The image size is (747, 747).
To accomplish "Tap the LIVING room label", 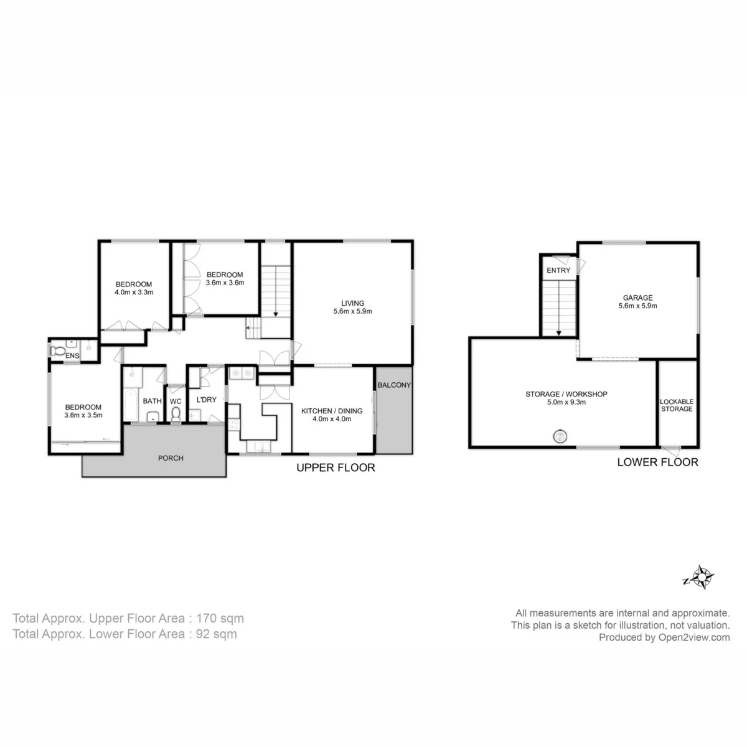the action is [352, 303].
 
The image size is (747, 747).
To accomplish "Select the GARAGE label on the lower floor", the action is [637, 298].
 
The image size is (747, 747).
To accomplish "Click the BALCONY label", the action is [394, 385].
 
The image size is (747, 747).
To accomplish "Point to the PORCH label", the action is [171, 458].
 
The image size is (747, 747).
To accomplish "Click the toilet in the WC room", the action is [176, 415].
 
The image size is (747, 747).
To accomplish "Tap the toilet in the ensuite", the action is [57, 351].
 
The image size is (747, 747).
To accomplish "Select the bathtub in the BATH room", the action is [131, 405].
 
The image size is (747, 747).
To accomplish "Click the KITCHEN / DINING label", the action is [332, 411].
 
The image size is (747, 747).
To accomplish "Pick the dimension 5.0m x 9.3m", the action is [566, 402].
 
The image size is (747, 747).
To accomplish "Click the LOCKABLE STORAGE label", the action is [677, 405].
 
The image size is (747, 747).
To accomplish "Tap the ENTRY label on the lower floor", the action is [558, 270].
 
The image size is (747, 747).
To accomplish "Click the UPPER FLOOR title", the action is [336, 467].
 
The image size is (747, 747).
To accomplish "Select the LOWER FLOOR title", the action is [657, 462].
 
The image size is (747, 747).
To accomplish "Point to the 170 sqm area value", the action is [220, 618].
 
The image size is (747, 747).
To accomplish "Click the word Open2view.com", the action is [694, 637].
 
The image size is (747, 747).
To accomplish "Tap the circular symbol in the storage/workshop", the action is [560, 437].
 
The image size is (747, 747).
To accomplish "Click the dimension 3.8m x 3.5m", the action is [83, 415].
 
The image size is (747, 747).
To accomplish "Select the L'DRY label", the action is [206, 400].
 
